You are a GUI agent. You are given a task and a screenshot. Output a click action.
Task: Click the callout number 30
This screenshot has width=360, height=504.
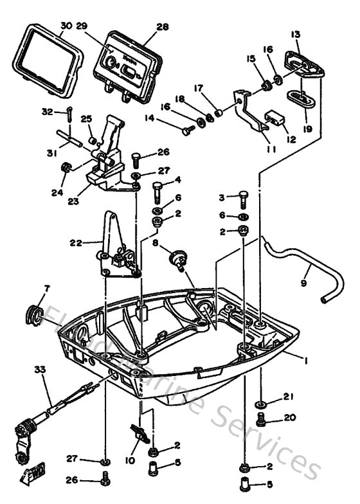(x=66, y=27)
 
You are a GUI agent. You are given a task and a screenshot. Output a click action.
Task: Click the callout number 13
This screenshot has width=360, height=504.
(x=296, y=35)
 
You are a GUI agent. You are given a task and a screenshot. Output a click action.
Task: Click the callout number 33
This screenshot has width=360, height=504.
(x=40, y=370)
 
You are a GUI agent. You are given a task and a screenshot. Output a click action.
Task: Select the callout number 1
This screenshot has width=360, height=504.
(x=306, y=361)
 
